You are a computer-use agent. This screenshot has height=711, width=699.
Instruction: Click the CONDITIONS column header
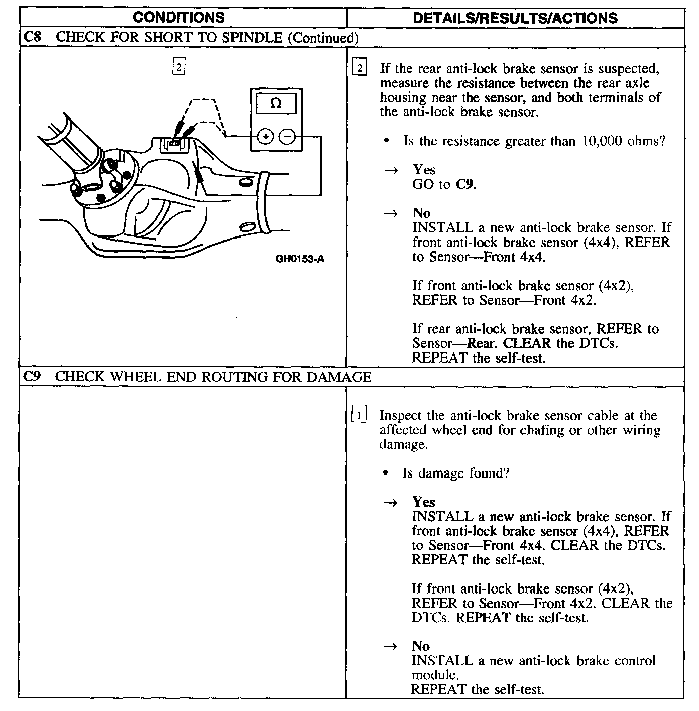tap(179, 18)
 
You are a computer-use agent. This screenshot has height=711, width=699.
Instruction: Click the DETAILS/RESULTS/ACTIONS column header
tap(515, 18)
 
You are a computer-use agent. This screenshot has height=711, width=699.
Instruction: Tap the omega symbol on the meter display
tap(276, 103)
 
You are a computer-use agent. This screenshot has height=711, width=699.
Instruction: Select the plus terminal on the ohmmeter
tap(266, 136)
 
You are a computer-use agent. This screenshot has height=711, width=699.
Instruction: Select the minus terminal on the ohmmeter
tap(287, 136)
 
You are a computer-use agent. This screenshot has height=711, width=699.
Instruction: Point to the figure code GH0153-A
tap(300, 259)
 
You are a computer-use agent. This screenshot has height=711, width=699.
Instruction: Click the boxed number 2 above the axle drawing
tap(179, 66)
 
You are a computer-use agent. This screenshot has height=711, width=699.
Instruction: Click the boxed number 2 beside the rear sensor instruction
tap(360, 68)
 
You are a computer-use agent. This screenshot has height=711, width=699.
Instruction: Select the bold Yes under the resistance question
tap(424, 170)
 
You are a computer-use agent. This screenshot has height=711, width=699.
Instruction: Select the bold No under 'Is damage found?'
tap(421, 646)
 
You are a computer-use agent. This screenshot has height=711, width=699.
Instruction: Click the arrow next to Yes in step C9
tap(391, 502)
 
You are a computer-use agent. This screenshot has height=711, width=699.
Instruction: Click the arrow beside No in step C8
tap(391, 213)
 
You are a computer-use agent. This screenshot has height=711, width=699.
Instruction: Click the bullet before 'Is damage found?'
tap(385, 473)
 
